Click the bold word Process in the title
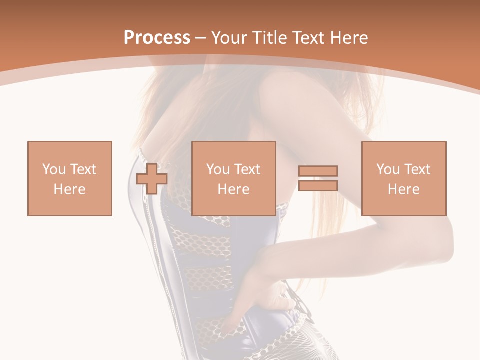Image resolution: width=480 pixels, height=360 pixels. [157, 38]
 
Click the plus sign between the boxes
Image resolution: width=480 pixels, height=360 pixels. [152, 179]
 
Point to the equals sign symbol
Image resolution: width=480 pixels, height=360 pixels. [318, 178]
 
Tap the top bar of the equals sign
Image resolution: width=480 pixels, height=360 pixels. [318, 171]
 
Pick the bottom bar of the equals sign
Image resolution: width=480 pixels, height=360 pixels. [318, 185]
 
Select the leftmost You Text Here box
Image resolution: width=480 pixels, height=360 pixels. [70, 178]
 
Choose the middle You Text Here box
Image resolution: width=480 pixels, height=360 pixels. [234, 178]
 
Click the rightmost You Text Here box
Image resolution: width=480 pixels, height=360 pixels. [404, 178]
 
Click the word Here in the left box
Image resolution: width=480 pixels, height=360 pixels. [70, 189]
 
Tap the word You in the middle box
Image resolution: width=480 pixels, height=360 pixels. [218, 169]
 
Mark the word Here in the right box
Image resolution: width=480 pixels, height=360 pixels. [404, 189]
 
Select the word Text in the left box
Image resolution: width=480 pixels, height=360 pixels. [83, 169]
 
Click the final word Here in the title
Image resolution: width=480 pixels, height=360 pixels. [349, 38]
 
